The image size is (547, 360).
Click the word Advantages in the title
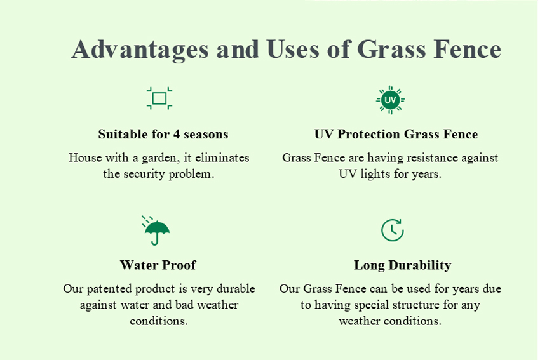(x=140, y=50)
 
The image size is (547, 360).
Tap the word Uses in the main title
(x=293, y=49)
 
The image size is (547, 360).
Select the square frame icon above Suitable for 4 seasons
(x=159, y=98)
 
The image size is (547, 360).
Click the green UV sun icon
(x=390, y=100)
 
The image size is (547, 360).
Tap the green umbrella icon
(x=156, y=231)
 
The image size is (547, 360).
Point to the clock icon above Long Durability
(x=393, y=230)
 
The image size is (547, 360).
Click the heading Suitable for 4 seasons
(x=163, y=134)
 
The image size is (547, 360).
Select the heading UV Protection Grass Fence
(x=396, y=134)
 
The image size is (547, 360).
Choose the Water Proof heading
(x=158, y=265)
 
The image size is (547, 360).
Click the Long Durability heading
(x=403, y=265)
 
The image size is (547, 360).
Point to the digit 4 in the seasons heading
(x=177, y=134)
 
